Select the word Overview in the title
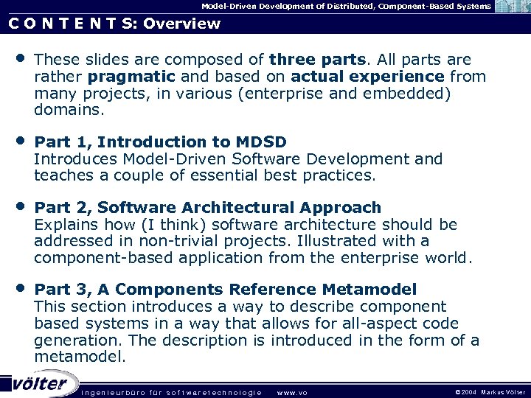(x=182, y=24)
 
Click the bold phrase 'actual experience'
(x=367, y=77)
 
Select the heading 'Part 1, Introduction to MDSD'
(x=161, y=142)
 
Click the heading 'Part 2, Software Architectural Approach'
(x=208, y=208)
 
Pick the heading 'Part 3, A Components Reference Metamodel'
(x=225, y=290)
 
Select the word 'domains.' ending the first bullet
(x=69, y=111)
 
